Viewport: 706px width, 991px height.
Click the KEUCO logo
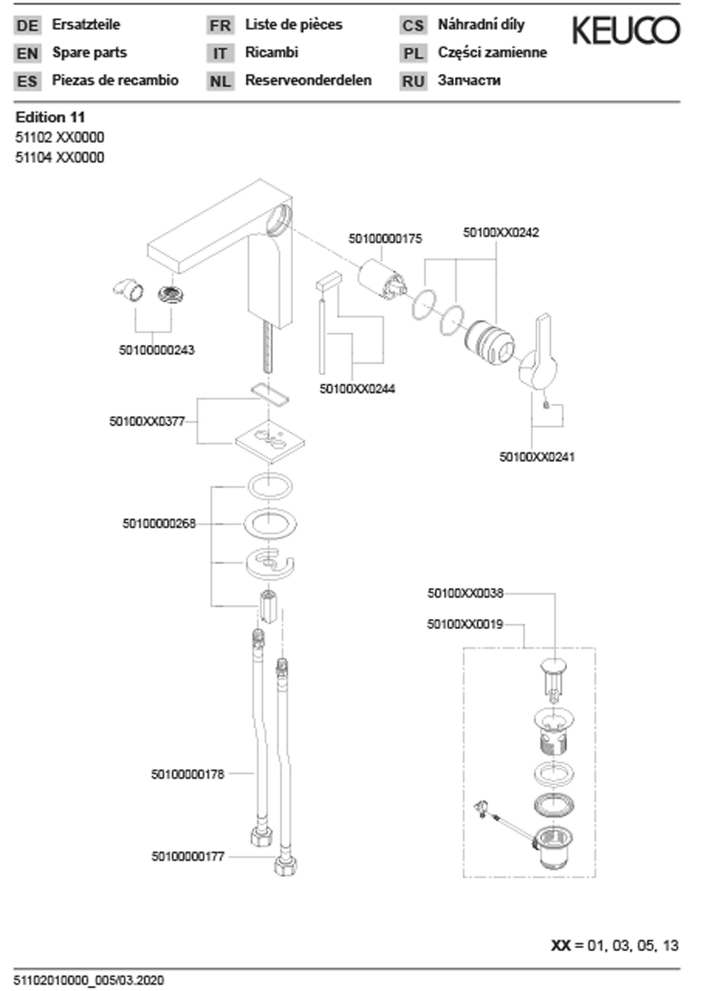(x=626, y=30)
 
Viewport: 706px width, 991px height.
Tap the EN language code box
(x=27, y=54)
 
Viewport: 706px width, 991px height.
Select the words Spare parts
(x=89, y=53)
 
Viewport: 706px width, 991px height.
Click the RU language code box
(x=413, y=81)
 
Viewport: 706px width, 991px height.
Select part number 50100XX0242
(x=501, y=232)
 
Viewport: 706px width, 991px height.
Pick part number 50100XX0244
(x=357, y=388)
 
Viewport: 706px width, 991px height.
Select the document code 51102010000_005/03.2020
(x=89, y=980)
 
